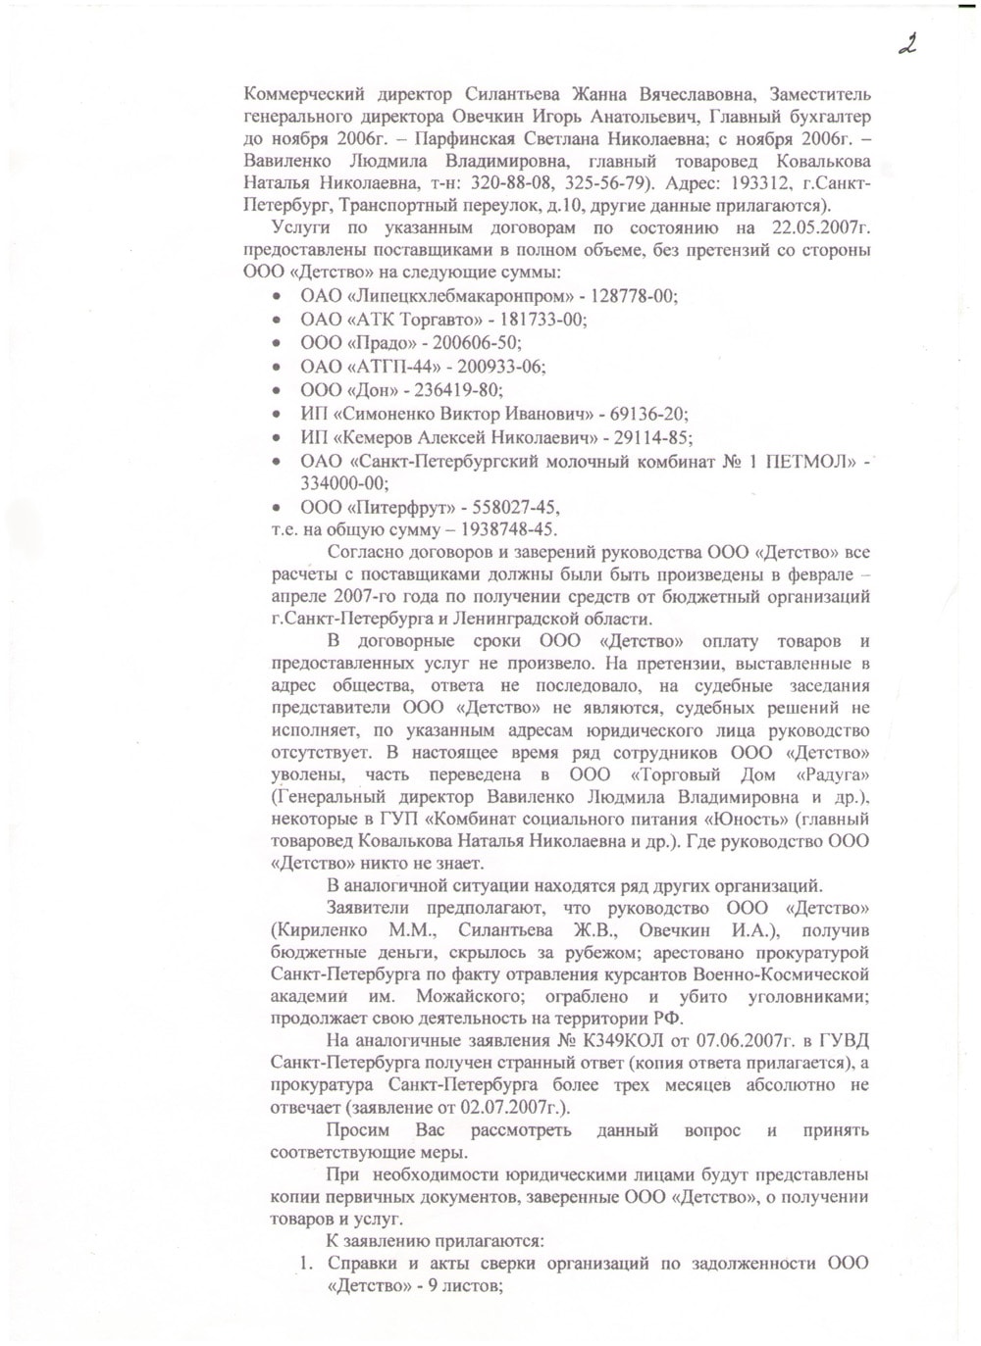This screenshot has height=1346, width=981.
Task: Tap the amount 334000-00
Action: point(344,482)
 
